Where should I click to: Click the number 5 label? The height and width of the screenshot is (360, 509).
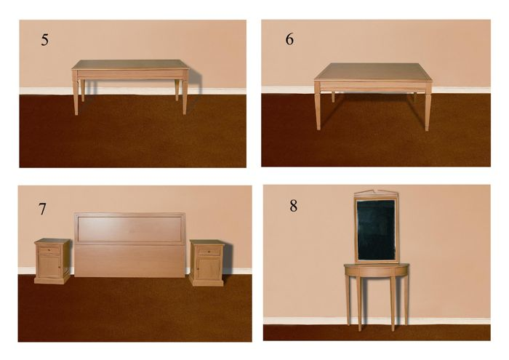point(45,39)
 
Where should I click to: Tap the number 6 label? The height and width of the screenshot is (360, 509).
point(289,39)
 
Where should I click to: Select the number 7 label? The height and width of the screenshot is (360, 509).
point(42,209)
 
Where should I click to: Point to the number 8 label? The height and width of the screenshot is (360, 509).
point(294,206)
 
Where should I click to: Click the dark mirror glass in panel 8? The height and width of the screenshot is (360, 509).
point(376,230)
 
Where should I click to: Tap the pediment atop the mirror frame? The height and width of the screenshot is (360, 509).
point(376,193)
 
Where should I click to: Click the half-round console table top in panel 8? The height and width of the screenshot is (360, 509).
point(377,265)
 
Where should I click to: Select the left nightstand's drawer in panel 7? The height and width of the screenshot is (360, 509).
point(49,250)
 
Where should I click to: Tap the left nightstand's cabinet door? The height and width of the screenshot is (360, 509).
point(49,266)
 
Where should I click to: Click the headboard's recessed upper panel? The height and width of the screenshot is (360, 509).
point(129,229)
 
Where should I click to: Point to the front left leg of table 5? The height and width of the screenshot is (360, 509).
point(76,97)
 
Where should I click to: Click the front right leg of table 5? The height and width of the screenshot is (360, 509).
point(185,97)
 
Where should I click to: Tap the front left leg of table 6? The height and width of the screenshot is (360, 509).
point(318,107)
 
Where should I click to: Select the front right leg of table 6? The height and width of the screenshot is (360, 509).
point(428,108)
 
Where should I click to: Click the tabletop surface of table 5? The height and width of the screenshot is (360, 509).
point(130,64)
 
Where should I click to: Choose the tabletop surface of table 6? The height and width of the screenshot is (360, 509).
point(373,71)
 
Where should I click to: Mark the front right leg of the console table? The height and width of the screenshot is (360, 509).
point(393,304)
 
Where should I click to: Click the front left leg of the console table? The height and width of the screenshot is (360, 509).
point(359,304)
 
